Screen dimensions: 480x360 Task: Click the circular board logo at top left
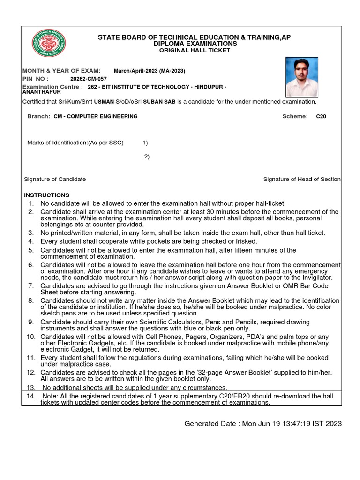[x=49, y=44]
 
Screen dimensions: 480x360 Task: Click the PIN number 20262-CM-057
[x=88, y=79]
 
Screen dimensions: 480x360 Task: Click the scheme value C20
[x=321, y=116]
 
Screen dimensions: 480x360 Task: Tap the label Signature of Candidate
[x=55, y=179]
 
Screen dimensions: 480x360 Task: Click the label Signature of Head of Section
[x=302, y=179]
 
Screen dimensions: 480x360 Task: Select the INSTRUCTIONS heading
[x=47, y=195]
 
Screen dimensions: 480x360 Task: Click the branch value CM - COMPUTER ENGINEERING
[x=96, y=116]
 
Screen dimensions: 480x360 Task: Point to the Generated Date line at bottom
[x=263, y=424]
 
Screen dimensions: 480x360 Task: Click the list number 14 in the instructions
[x=31, y=396]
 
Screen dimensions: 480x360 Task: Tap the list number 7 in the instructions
[x=31, y=285]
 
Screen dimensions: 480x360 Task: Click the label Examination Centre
[x=53, y=87]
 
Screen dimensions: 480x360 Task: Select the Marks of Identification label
[x=75, y=142]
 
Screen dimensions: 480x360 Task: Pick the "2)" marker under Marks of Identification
[x=146, y=157]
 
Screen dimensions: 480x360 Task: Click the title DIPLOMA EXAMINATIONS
[x=195, y=44]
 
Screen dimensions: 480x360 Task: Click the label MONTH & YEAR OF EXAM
[x=61, y=71]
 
